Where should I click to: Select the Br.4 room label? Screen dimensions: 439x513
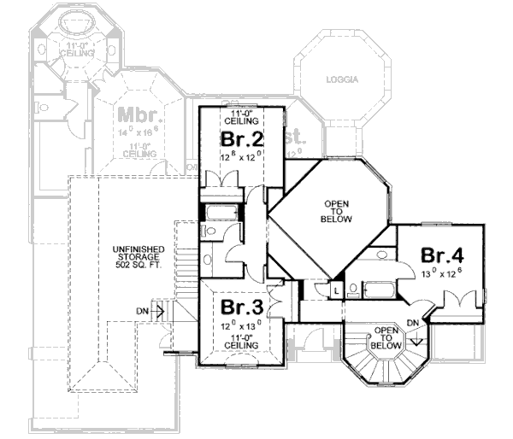442,255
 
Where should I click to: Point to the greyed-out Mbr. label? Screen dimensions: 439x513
135,115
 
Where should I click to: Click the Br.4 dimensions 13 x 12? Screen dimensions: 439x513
443,272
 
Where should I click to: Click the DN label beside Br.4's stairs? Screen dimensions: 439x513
414,323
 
